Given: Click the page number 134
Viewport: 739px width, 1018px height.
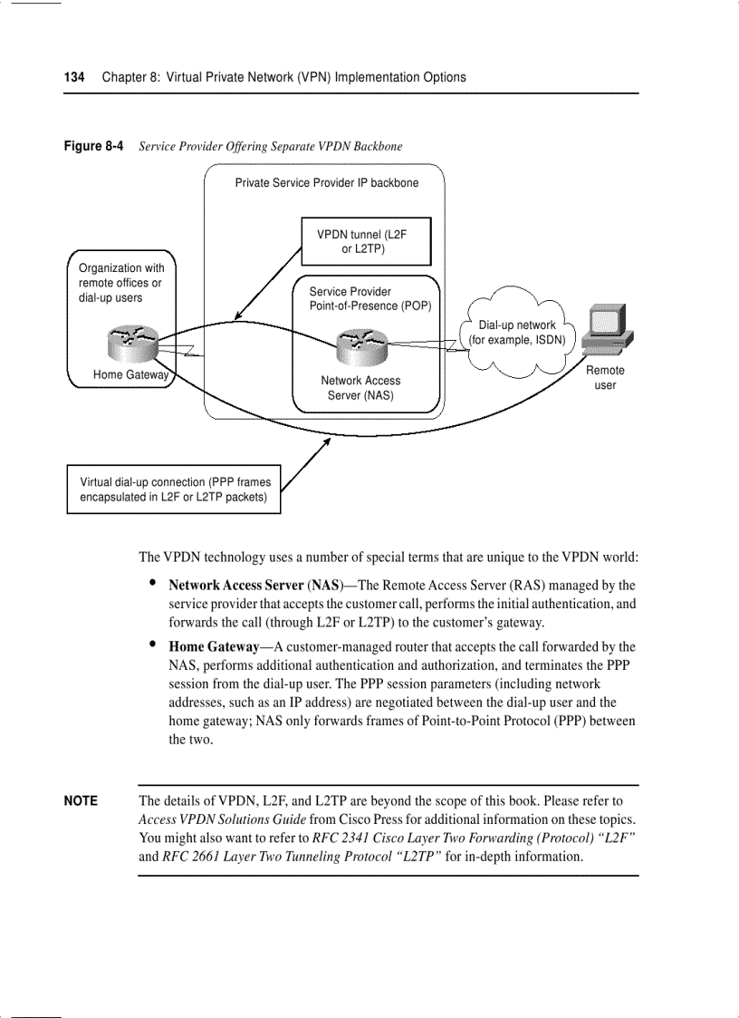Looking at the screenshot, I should [x=73, y=77].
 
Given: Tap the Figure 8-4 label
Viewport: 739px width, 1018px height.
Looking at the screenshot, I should [x=93, y=146].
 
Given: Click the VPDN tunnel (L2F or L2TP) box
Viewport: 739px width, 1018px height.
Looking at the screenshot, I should [x=365, y=241].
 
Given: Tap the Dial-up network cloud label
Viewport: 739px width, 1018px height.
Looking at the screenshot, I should [x=517, y=333].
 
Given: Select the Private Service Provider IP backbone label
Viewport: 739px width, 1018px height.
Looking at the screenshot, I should [x=327, y=183].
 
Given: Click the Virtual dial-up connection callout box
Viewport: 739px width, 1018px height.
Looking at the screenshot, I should [x=174, y=490].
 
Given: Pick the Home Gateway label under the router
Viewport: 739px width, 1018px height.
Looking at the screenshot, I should [x=130, y=375].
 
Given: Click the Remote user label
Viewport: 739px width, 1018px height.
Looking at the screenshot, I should [x=605, y=378].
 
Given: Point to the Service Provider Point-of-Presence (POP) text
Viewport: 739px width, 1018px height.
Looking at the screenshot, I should [x=369, y=299].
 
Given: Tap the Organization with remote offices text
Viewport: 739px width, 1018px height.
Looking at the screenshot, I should [x=121, y=283].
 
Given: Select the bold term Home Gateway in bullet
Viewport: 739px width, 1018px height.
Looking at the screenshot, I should [x=214, y=647].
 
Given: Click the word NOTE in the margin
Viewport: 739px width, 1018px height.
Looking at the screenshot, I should [x=81, y=801].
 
